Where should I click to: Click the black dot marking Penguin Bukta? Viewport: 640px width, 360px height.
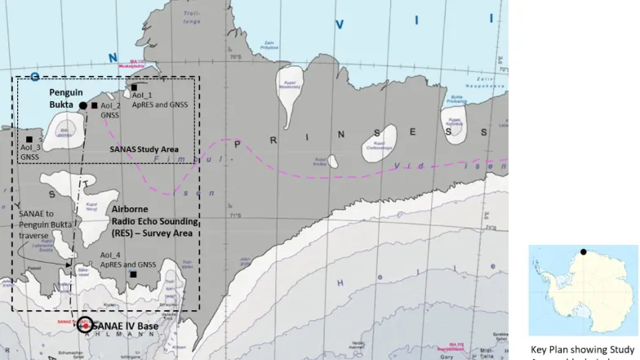click(x=82, y=105)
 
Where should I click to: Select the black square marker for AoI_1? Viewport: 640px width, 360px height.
click(x=134, y=87)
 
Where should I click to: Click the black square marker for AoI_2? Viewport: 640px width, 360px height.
click(x=94, y=105)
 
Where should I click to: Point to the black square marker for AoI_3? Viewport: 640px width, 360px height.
click(x=29, y=140)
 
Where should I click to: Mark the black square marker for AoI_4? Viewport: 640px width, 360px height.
click(x=132, y=273)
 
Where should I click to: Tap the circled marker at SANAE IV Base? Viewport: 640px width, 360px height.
click(x=85, y=326)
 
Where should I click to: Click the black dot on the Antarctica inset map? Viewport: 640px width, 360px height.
click(x=583, y=252)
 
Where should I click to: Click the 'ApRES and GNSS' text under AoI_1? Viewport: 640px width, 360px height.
click(x=160, y=105)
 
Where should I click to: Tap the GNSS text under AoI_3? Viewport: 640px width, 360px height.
click(x=30, y=157)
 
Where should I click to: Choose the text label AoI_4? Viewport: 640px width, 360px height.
click(x=110, y=256)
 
